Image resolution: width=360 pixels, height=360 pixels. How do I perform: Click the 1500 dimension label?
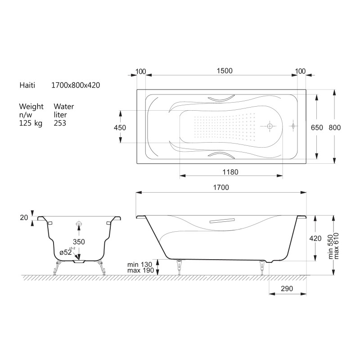point(225,71)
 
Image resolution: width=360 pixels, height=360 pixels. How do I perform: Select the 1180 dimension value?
point(230,172)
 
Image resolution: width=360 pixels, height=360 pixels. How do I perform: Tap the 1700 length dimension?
point(221,188)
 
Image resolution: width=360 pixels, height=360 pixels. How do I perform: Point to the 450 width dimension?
point(120,128)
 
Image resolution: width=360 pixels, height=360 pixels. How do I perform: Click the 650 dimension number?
point(317,128)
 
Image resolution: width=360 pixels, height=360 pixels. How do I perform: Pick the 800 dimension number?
point(334,128)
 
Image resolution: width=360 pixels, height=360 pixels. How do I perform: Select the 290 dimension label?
point(287,288)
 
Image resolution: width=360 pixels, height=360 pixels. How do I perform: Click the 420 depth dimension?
point(315,238)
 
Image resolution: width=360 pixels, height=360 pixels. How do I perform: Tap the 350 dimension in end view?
point(79,242)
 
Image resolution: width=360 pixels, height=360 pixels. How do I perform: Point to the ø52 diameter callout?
point(66,252)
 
